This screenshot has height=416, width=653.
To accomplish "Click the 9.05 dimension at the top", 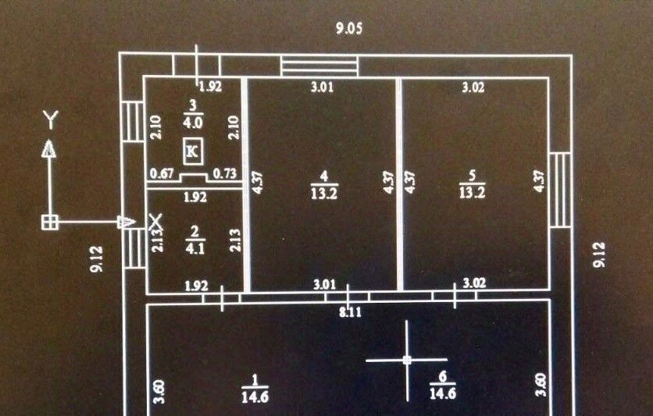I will click(x=350, y=30).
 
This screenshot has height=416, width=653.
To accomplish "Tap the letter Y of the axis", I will click(x=50, y=119).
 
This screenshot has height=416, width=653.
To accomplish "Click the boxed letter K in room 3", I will click(x=192, y=151).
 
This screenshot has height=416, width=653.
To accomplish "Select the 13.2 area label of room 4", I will click(x=323, y=194).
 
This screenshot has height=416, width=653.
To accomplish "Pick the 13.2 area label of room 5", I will click(x=473, y=193).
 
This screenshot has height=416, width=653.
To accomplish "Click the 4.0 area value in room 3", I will click(x=193, y=122).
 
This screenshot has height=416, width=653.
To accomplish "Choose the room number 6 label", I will click(x=442, y=376).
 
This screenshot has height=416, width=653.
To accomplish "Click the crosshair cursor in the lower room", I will click(x=407, y=360).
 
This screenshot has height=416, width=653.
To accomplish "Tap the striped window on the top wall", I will click(x=319, y=66).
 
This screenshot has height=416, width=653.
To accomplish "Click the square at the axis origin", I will click(x=50, y=222).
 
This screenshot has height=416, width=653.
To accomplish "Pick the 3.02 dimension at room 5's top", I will click(x=473, y=87).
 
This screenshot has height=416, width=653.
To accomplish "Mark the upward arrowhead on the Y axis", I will click(x=50, y=148).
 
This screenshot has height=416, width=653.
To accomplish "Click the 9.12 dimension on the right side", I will click(x=600, y=254).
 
